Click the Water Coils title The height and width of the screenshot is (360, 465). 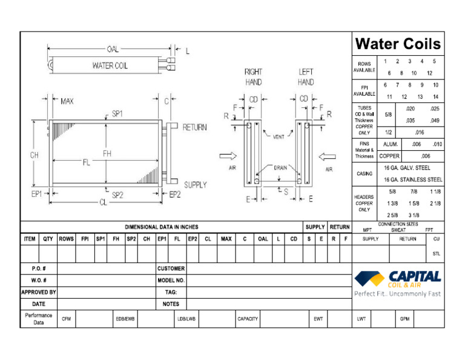pos(398,44)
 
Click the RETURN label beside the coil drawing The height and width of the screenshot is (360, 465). pos(194,127)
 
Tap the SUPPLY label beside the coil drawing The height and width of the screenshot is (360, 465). pos(195,185)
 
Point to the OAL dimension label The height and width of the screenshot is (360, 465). pos(113,49)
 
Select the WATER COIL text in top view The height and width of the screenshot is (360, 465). pos(110,65)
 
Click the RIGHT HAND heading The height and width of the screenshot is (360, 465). pos(253,76)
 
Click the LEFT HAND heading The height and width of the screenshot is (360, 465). pos(306,76)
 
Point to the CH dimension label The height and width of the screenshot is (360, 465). pos(35,155)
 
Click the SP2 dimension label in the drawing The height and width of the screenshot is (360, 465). pos(117,195)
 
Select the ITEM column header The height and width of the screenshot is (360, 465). pos(30,239)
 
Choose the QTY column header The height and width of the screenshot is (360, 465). pos(48,239)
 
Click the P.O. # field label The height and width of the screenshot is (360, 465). pos(39,268)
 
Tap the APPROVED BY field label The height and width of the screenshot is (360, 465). pos(39,292)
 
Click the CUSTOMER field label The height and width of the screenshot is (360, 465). pos(171,268)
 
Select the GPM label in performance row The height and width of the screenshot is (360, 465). pos(404,318)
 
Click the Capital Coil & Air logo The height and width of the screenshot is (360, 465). pos(397,279)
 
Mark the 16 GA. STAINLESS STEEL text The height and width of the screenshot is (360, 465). pos(413,180)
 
